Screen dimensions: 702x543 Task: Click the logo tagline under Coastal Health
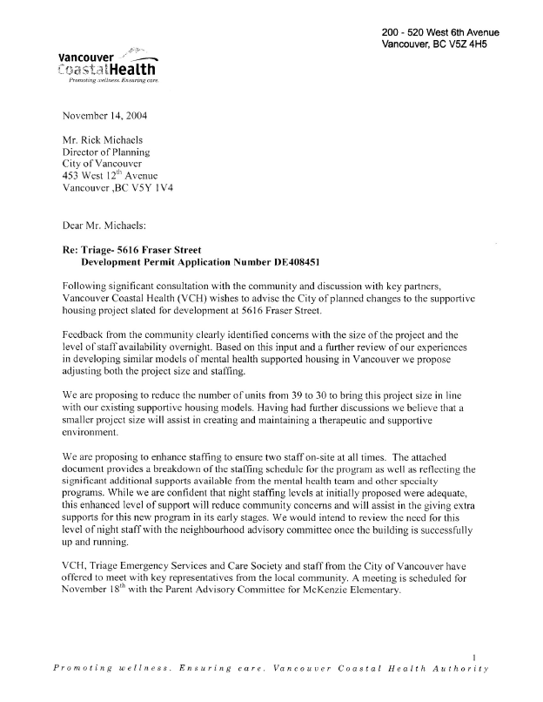pos(108,82)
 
